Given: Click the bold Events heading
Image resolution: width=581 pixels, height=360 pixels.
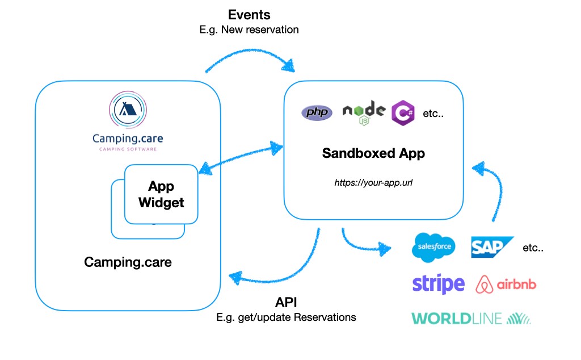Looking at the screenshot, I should (x=249, y=15).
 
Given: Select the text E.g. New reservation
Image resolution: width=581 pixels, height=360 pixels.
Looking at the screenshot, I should (x=249, y=30).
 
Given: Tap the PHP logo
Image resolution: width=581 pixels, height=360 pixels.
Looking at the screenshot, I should (x=317, y=112).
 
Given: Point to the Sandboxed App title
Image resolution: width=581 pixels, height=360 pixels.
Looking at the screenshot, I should (x=373, y=153).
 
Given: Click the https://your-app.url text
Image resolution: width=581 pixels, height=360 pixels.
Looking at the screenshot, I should (x=373, y=183).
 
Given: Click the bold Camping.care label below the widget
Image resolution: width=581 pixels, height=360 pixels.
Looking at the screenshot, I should (x=128, y=262).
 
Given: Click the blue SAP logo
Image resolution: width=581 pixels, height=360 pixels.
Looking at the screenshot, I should (x=491, y=247).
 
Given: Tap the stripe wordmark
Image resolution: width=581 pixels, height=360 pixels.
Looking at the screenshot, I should (x=438, y=283).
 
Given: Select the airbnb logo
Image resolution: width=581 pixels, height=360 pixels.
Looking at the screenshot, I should (x=506, y=283).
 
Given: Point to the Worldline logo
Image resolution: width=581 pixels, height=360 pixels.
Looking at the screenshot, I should (x=471, y=319).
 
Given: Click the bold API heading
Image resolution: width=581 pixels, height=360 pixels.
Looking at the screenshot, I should (x=287, y=302).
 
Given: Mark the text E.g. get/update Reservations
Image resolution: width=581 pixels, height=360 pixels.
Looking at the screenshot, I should (x=287, y=317).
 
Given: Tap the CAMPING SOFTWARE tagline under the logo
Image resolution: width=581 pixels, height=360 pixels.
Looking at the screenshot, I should (x=128, y=149).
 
